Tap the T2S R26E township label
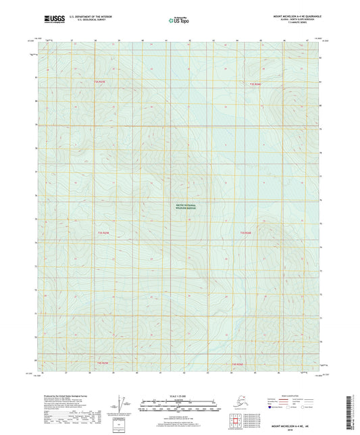pos(255,84)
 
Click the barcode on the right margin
pos(355,409)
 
